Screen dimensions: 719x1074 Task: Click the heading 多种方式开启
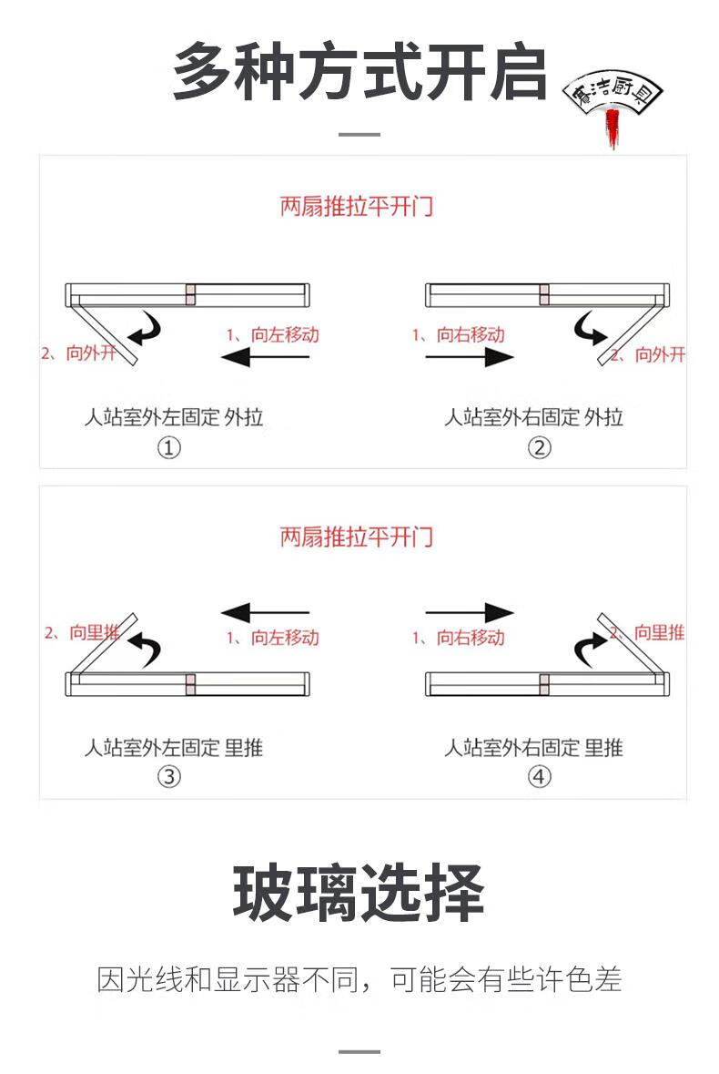359,73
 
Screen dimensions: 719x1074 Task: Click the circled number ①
169,448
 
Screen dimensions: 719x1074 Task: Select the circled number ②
539,448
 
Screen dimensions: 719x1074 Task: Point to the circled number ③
169,777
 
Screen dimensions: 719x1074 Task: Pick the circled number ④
539,777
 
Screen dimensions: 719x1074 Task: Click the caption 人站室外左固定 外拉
174,416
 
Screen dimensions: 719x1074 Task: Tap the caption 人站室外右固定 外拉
533,416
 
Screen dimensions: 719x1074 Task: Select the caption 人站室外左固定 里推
174,747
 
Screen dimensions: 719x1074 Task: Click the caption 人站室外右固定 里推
533,747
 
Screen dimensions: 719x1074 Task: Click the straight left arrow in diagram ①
266,357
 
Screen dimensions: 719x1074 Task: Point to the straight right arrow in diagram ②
470,357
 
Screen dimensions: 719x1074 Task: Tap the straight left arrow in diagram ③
266,612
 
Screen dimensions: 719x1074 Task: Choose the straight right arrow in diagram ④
470,612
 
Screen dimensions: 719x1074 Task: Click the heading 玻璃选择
359,893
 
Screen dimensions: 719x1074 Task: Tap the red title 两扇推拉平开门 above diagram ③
357,537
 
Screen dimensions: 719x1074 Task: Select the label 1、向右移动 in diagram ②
459,335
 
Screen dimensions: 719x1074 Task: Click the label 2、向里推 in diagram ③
82,632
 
